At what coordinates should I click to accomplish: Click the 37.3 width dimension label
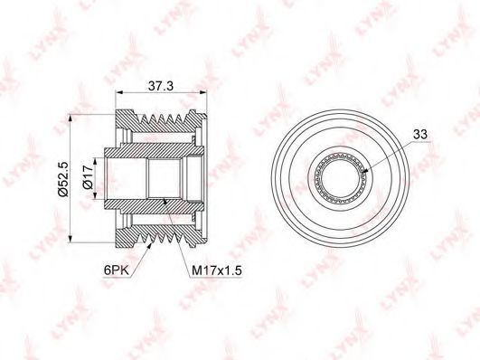(x=161, y=86)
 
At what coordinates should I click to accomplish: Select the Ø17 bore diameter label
(x=88, y=177)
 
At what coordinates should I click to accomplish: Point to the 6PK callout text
(x=117, y=270)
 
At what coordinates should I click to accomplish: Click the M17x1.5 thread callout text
(x=217, y=270)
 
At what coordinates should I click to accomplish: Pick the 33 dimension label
(x=420, y=134)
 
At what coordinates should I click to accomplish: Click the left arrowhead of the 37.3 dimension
(x=118, y=92)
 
